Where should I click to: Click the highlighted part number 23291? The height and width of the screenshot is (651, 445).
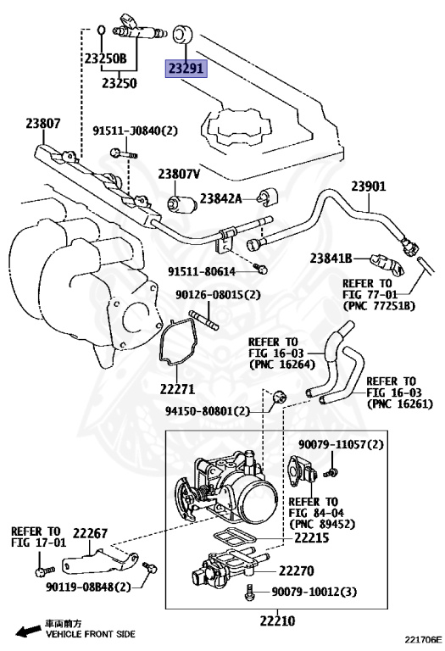click(184, 68)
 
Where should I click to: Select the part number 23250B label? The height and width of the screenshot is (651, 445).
click(104, 58)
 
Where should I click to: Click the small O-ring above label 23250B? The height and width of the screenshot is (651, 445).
click(100, 32)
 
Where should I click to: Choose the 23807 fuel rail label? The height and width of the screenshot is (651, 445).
click(42, 124)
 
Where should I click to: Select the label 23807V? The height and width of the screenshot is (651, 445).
click(178, 174)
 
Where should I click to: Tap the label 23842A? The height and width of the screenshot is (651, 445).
click(220, 198)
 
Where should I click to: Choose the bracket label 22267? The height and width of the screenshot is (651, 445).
click(89, 533)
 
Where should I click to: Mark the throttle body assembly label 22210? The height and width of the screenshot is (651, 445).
click(277, 621)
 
